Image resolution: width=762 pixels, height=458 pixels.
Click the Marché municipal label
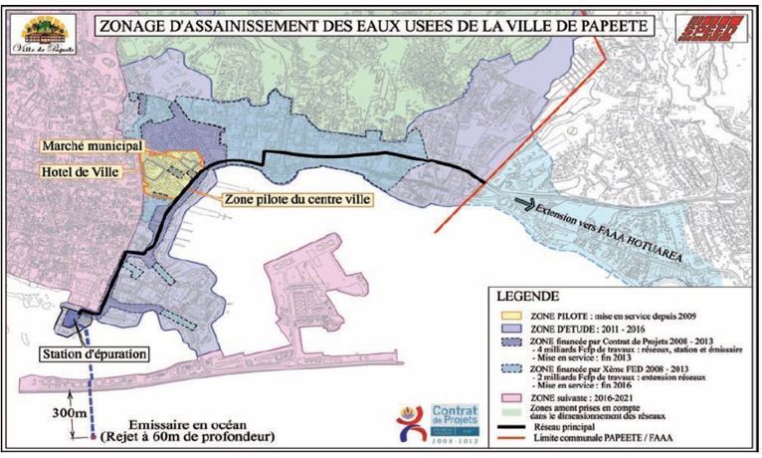[89, 146]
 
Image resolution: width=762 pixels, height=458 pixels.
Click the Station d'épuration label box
[95, 353]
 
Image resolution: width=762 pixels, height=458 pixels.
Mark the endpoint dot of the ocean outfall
[93, 436]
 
